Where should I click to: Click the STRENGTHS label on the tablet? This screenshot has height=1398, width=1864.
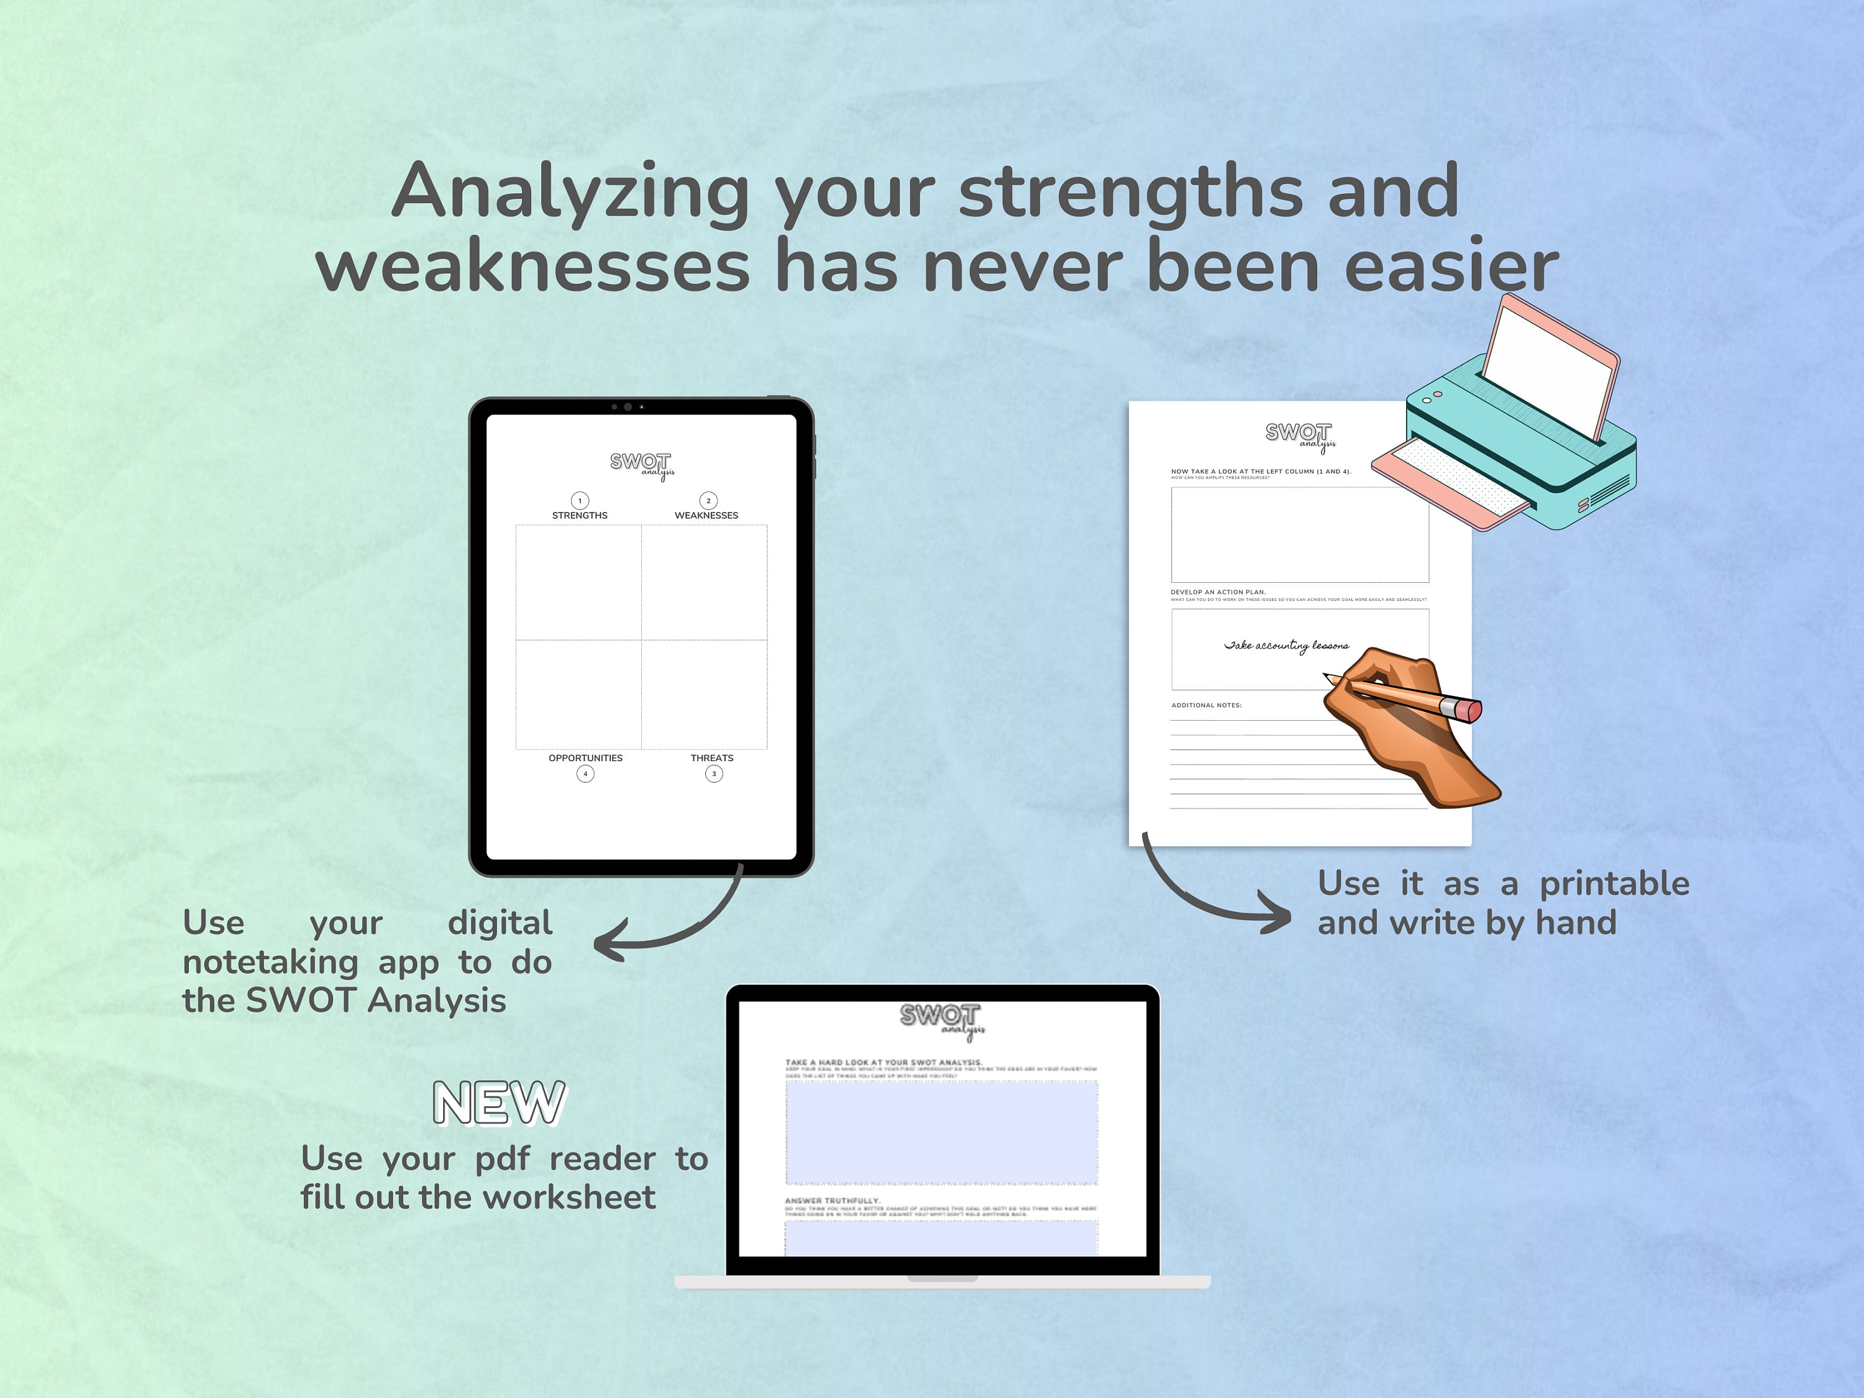tap(580, 515)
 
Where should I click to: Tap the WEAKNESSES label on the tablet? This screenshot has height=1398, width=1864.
tap(706, 515)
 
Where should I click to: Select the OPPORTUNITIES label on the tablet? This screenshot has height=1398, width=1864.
tap(586, 757)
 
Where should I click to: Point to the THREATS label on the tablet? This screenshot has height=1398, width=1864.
tap(712, 757)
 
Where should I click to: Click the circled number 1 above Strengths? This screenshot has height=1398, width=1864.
tap(580, 501)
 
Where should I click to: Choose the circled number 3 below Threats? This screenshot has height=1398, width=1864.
tap(714, 774)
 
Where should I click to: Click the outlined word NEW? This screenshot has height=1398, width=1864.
tap(499, 1102)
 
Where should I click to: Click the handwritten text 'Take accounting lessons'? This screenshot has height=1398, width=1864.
tap(1286, 646)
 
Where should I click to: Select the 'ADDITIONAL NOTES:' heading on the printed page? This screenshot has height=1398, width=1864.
tap(1206, 705)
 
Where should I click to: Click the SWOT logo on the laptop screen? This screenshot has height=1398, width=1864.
tap(942, 1018)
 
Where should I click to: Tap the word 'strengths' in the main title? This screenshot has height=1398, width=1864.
tap(1131, 192)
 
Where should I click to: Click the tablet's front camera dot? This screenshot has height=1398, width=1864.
tap(628, 407)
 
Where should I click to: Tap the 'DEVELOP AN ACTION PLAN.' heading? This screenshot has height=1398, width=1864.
tap(1218, 592)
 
